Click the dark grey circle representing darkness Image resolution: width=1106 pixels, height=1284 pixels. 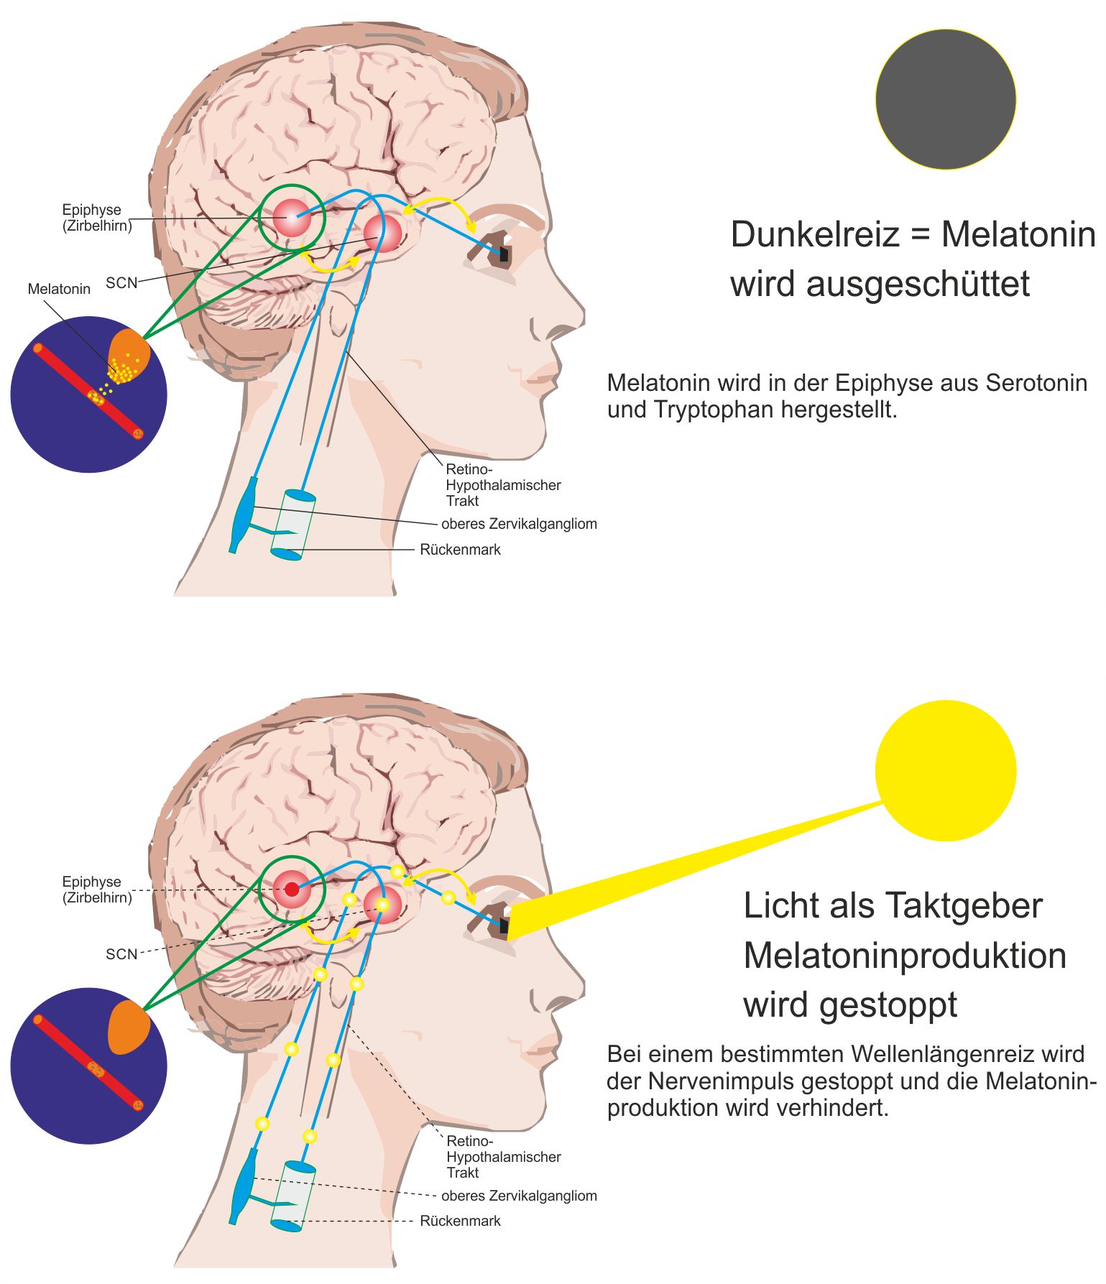tap(945, 99)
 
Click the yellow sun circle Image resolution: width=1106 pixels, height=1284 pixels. tap(945, 770)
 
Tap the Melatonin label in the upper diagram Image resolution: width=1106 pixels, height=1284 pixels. tap(59, 289)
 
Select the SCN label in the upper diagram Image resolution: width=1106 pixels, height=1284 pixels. tap(121, 283)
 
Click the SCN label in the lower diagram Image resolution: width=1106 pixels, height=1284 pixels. tap(121, 954)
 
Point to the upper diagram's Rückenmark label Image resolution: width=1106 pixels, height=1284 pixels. tap(460, 550)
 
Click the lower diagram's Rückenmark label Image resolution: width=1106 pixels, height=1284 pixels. tap(460, 1221)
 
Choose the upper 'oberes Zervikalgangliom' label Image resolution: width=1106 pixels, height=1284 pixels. tap(519, 524)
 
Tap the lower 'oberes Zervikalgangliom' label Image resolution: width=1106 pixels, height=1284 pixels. tap(519, 1196)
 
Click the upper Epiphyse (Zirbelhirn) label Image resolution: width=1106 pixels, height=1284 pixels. tap(97, 218)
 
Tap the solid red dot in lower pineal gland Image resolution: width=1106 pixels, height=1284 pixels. tap(292, 890)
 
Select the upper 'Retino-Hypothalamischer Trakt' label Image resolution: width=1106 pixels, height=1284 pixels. tap(502, 485)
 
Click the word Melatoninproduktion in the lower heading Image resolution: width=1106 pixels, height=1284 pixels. tap(904, 956)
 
